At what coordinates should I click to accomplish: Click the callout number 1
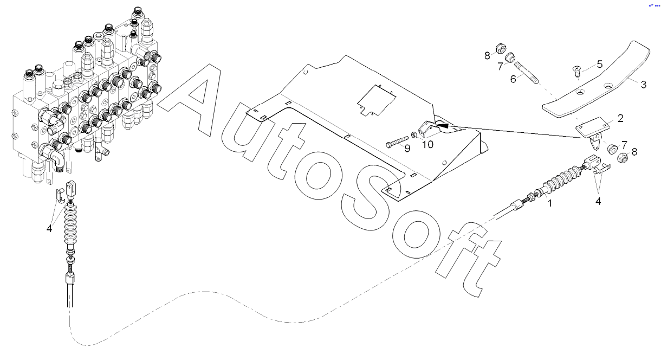point(550,204)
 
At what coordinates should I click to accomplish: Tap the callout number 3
point(643,85)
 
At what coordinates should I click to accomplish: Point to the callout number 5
point(599,64)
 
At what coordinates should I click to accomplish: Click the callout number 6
point(513,78)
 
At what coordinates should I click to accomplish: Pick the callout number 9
point(407,148)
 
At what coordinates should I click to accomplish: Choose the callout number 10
point(428,144)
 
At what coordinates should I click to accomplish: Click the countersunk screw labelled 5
point(575,69)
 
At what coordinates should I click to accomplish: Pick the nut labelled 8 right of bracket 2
point(622,158)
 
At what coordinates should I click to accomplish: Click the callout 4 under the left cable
point(49,228)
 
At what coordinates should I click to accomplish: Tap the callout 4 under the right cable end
point(598,201)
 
